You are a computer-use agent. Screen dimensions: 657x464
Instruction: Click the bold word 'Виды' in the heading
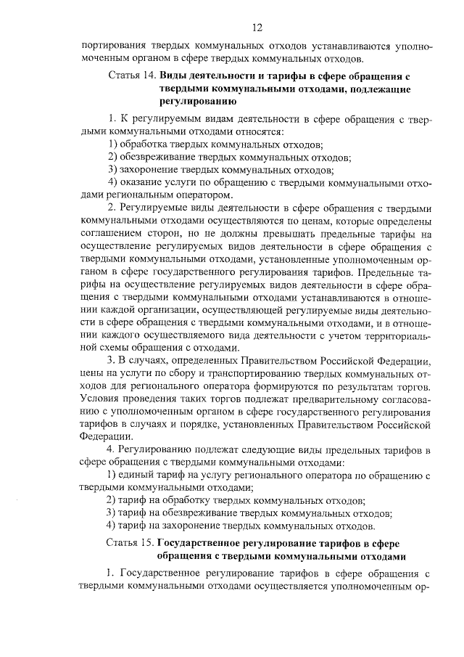(174, 76)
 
